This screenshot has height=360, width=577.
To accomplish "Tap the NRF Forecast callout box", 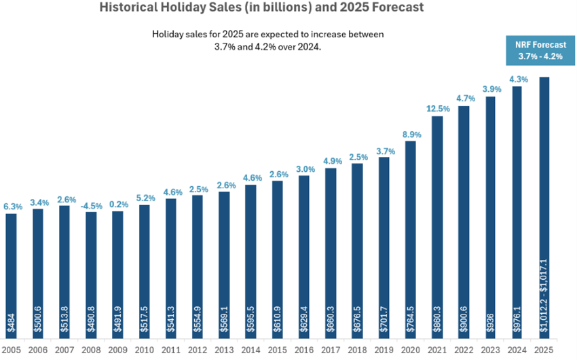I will [543, 50].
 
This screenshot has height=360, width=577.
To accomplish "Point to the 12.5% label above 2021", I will [437, 108].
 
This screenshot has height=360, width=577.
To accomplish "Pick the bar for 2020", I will [411, 238].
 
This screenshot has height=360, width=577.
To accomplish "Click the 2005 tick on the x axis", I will [11, 350].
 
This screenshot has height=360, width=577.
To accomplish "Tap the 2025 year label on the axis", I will [544, 350].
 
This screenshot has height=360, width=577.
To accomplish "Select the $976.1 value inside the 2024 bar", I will [518, 320].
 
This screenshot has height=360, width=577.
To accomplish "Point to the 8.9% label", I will [411, 133].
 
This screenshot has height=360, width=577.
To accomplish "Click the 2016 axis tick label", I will [304, 350].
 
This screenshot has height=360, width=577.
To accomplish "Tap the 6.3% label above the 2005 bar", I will [11, 206].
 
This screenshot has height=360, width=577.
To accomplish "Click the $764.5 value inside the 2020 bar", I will [411, 320].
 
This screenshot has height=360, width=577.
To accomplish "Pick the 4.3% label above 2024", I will [518, 79].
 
